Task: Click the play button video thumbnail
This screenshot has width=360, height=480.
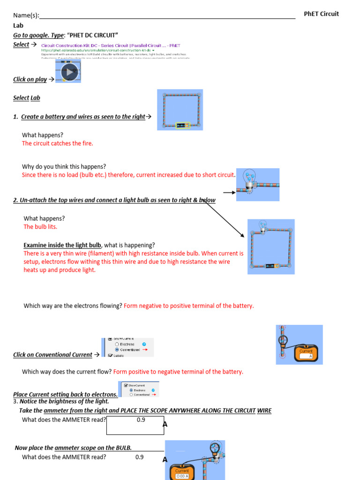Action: [69, 72]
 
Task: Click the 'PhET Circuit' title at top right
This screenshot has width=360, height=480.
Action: [321, 14]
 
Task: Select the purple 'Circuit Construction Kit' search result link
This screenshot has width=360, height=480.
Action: [111, 45]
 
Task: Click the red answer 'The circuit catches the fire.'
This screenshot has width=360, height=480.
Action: [58, 143]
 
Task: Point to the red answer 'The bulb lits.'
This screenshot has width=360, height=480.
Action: [40, 226]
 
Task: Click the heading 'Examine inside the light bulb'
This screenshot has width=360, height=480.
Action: [62, 245]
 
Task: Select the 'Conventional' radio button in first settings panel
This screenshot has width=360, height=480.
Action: [117, 350]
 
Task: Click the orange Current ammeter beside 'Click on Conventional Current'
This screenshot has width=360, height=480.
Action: [306, 353]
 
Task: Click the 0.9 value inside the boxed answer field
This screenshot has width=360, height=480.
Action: [141, 420]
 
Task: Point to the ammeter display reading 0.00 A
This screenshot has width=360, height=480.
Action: [182, 476]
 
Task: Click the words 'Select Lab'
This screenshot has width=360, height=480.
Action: [27, 98]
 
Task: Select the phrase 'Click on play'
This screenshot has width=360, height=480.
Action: [30, 79]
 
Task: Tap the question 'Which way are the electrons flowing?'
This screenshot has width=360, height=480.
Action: [73, 306]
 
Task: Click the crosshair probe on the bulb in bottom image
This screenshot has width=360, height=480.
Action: [215, 448]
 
